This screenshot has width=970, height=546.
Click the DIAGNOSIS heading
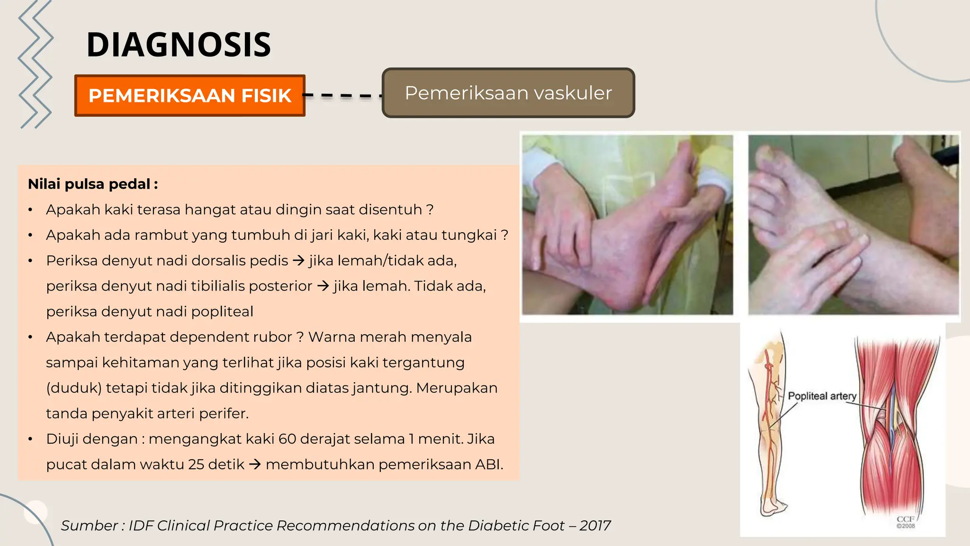(x=179, y=45)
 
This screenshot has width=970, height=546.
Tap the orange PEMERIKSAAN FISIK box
(x=189, y=96)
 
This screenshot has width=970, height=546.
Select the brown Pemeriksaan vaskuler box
(x=508, y=93)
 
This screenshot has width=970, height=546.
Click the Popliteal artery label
(x=822, y=396)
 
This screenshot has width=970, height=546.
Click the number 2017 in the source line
(x=595, y=526)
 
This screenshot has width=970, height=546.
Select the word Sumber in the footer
(x=89, y=526)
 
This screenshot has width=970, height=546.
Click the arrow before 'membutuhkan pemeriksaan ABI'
(x=255, y=464)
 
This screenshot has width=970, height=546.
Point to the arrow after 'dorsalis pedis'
(x=298, y=261)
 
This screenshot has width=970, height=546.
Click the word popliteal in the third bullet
(x=223, y=312)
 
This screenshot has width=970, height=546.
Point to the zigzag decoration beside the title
(x=36, y=64)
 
